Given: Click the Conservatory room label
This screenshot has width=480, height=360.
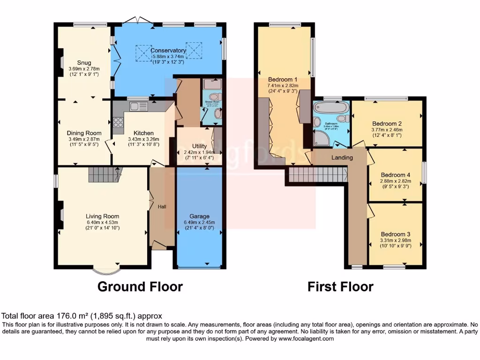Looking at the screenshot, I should coord(169,51).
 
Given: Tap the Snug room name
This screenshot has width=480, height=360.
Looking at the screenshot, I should coord(84,62).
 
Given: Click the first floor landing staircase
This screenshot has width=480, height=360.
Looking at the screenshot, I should coord(318,175).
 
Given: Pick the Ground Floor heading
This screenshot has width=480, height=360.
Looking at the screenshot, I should coord(140,286).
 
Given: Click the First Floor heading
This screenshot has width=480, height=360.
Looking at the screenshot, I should coord(340,286).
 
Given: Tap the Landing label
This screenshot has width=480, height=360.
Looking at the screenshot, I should coord(342,157).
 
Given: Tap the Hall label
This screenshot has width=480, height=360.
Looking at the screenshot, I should coord(162,206).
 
